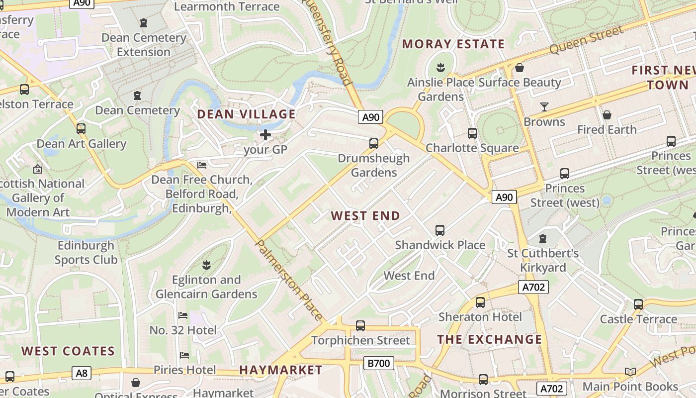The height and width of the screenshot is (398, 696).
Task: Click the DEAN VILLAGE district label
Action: click(x=246, y=114)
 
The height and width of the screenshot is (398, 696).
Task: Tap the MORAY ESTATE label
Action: click(x=453, y=44)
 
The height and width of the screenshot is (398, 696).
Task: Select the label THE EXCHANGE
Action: click(x=489, y=339)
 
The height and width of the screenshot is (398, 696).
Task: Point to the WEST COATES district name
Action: click(x=68, y=351)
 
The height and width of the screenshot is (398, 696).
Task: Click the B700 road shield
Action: click(x=378, y=363)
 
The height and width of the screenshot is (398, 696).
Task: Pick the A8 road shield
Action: click(x=82, y=373)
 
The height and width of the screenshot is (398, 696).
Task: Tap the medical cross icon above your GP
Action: click(x=265, y=134)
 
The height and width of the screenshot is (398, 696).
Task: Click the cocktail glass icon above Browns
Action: click(x=544, y=107)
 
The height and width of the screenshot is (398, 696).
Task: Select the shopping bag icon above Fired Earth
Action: click(x=607, y=115)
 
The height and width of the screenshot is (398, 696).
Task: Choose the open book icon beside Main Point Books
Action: click(x=630, y=372)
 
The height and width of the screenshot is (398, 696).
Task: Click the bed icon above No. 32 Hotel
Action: click(x=183, y=315)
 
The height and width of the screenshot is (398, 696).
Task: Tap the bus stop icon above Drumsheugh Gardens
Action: click(x=373, y=144)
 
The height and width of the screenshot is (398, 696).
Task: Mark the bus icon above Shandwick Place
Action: click(x=440, y=230)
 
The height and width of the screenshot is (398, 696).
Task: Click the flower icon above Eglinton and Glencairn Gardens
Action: click(x=206, y=264)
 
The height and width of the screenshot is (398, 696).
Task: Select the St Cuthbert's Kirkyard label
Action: click(x=543, y=260)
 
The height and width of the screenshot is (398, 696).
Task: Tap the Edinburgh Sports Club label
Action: click(x=86, y=252)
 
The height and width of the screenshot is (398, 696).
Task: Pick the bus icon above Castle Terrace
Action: click(x=638, y=304)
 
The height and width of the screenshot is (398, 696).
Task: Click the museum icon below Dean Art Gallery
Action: click(x=38, y=169)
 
